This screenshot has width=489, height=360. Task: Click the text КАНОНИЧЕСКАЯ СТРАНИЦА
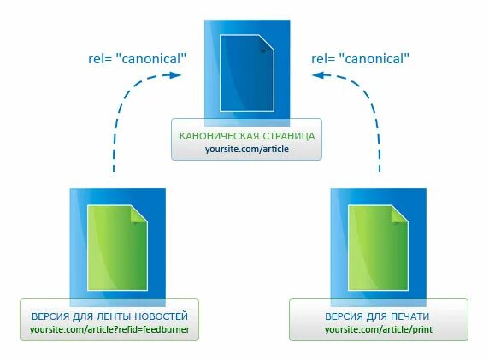(246, 135)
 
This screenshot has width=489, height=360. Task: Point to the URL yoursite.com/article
(246, 149)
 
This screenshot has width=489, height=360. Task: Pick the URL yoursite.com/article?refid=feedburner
(109, 329)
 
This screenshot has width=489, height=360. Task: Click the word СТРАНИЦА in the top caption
(287, 135)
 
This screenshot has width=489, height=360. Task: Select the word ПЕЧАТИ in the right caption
(411, 316)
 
